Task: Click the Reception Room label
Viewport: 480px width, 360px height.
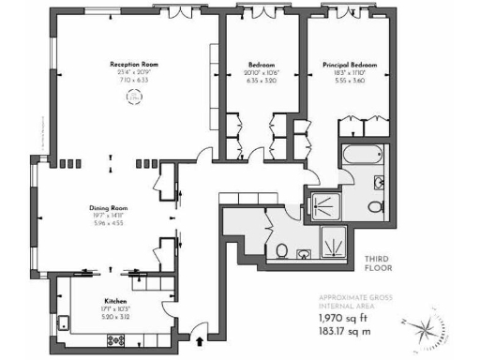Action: tap(132, 64)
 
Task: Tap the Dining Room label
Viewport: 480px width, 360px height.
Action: tap(109, 208)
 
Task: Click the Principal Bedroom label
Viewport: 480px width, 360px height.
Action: tap(349, 65)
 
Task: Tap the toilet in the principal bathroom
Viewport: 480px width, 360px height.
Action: tap(375, 206)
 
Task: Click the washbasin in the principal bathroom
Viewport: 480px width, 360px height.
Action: tap(380, 182)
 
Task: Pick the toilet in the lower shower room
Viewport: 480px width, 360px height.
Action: tap(282, 250)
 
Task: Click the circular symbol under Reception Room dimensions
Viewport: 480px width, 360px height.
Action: tap(132, 95)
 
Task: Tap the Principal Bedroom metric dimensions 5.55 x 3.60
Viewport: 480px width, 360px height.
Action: tap(349, 81)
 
